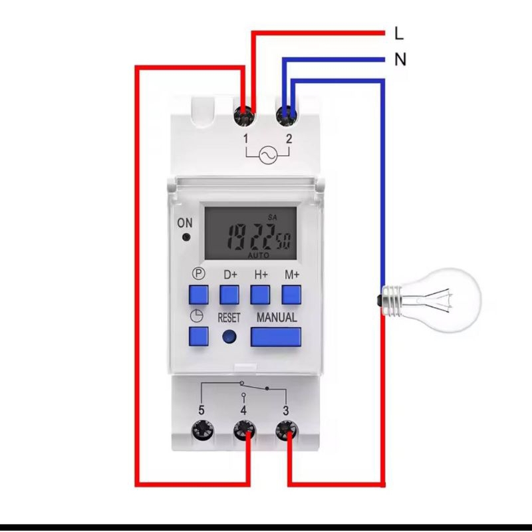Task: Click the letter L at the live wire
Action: click(399, 33)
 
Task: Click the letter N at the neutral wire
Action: click(400, 60)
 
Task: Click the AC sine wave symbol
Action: click(267, 155)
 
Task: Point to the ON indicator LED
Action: click(186, 237)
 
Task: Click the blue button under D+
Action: click(229, 294)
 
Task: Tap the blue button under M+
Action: click(291, 294)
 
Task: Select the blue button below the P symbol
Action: click(198, 294)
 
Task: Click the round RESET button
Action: click(229, 336)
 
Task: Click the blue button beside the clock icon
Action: click(198, 336)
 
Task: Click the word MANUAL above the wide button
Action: click(277, 317)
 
